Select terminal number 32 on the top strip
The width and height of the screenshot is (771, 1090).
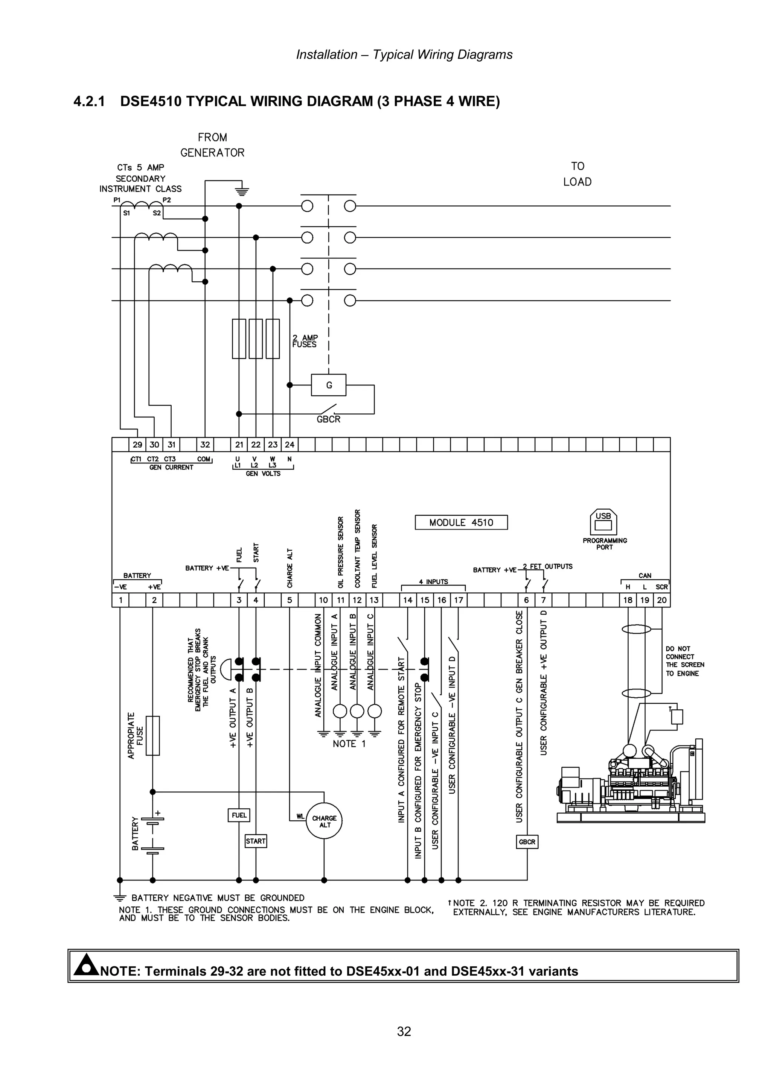(205, 445)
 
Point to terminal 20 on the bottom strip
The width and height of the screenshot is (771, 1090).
(662, 600)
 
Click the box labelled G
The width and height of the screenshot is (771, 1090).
(329, 385)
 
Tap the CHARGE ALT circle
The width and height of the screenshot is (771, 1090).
(325, 821)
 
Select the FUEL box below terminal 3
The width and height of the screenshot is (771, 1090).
(239, 815)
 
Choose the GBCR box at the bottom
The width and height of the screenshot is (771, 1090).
(527, 842)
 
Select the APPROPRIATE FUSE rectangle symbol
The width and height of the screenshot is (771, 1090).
(152, 735)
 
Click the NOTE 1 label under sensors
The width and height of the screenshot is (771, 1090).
(349, 744)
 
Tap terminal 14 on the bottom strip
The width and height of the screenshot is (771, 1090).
(408, 600)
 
